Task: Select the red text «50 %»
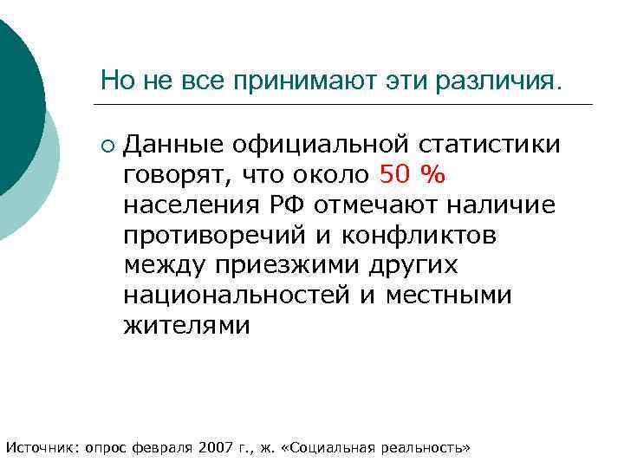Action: (x=413, y=175)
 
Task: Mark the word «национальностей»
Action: (x=237, y=296)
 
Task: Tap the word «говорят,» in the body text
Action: (x=174, y=175)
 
